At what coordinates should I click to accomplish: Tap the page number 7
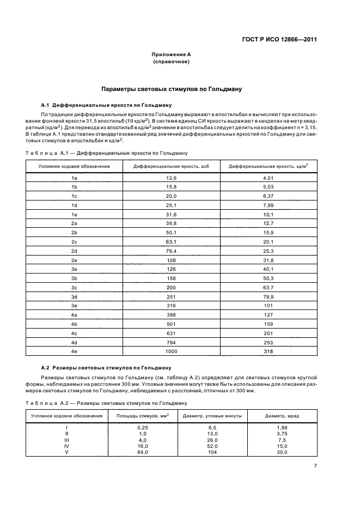click(x=315, y=465)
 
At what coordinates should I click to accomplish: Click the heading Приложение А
click(x=171, y=54)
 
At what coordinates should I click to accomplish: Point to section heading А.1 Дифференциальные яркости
click(x=107, y=104)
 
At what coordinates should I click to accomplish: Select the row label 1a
click(x=75, y=178)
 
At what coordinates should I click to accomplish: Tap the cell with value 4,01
click(x=268, y=178)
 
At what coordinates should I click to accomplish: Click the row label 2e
click(x=75, y=262)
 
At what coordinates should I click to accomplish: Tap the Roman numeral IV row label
click(x=66, y=446)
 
